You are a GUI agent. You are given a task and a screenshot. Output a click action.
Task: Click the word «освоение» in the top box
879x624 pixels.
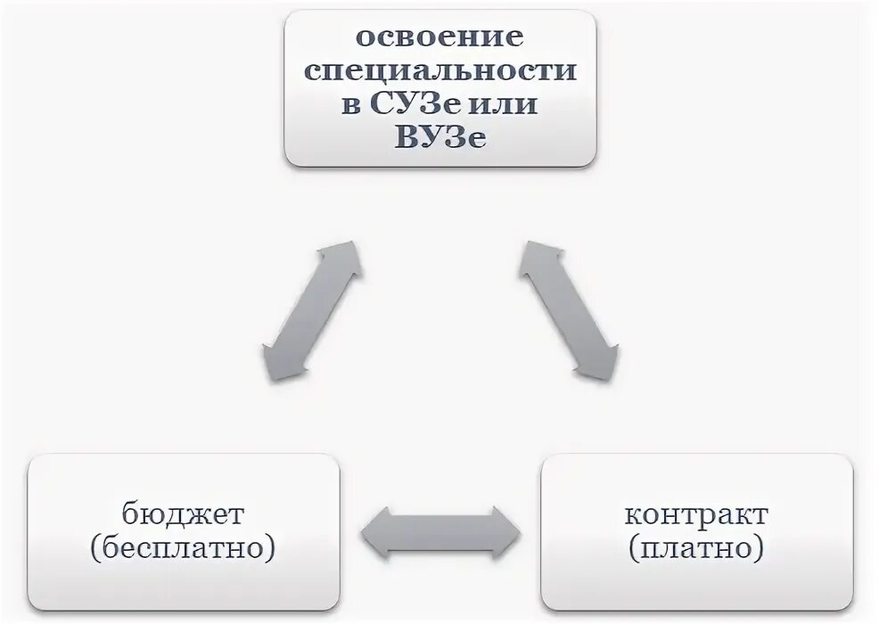click(439, 38)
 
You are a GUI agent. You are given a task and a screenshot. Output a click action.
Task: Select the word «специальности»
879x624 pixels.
click(439, 71)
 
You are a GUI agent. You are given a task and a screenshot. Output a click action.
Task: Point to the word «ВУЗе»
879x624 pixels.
click(439, 139)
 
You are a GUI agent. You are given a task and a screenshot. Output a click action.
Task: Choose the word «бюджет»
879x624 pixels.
click(183, 515)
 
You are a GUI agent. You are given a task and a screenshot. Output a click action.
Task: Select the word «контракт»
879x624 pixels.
click(696, 515)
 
